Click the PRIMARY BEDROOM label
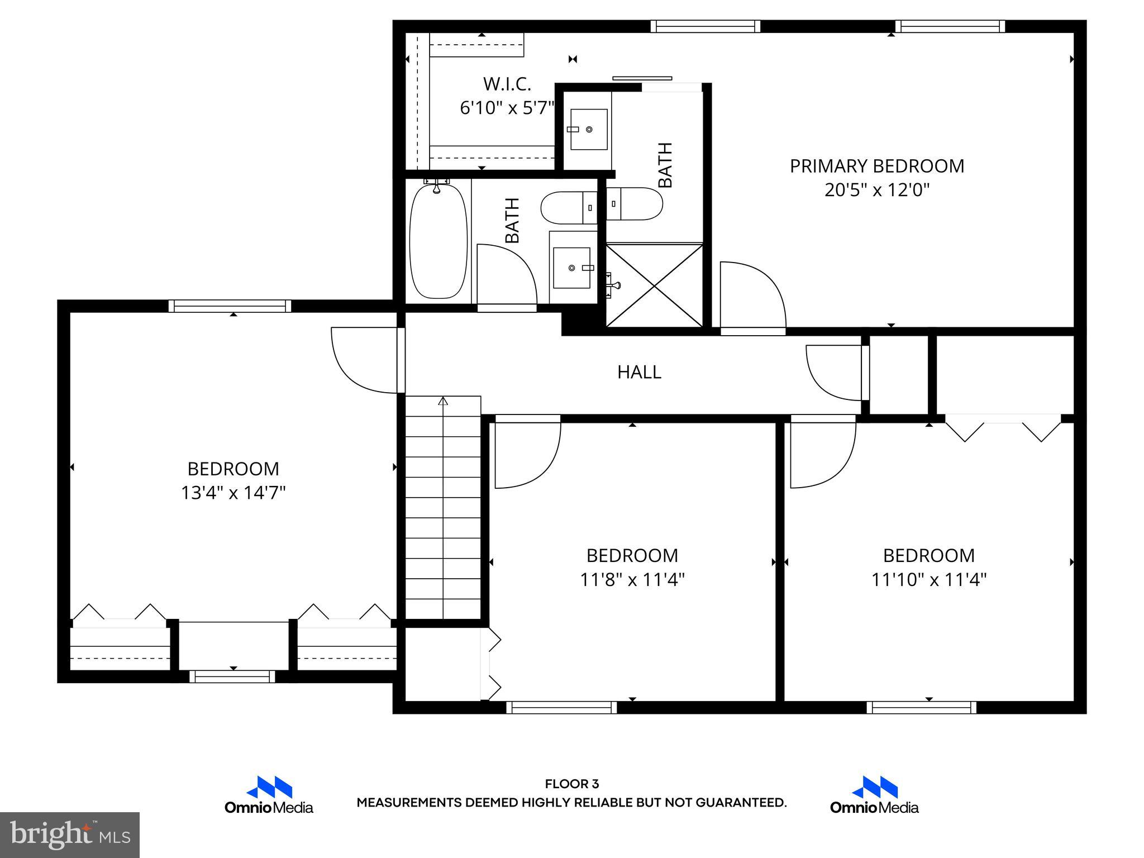pyautogui.click(x=876, y=166)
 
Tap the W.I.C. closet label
pyautogui.click(x=507, y=84)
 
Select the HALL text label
pyautogui.click(x=639, y=372)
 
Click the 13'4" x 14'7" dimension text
pyautogui.click(x=233, y=493)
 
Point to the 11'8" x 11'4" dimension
pyautogui.click(x=632, y=580)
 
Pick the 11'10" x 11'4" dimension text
pyautogui.click(x=929, y=580)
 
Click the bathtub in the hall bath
pyautogui.click(x=438, y=241)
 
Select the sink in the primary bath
pyautogui.click(x=588, y=129)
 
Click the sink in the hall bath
pyautogui.click(x=571, y=268)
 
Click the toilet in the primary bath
pyautogui.click(x=635, y=203)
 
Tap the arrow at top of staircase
pyautogui.click(x=443, y=401)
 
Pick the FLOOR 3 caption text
pyautogui.click(x=571, y=784)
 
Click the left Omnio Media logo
pyautogui.click(x=269, y=795)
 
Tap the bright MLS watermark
pyautogui.click(x=70, y=835)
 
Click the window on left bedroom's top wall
pyautogui.click(x=230, y=306)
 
